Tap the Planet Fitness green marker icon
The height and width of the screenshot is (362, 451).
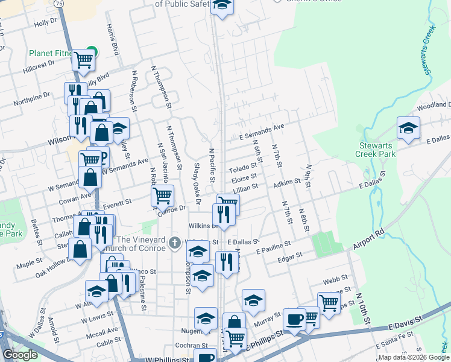pos(92,52)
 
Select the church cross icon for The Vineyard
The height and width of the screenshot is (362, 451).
pos(175,243)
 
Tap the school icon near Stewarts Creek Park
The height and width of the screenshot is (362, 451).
pos(408,128)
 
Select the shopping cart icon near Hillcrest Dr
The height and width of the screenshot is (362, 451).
pos(83,60)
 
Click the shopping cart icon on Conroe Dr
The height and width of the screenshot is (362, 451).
pos(162,195)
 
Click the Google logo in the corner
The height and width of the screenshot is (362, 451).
pos(20,355)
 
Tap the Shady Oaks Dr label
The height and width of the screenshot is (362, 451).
pos(197,177)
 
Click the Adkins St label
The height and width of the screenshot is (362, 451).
pos(287,182)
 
